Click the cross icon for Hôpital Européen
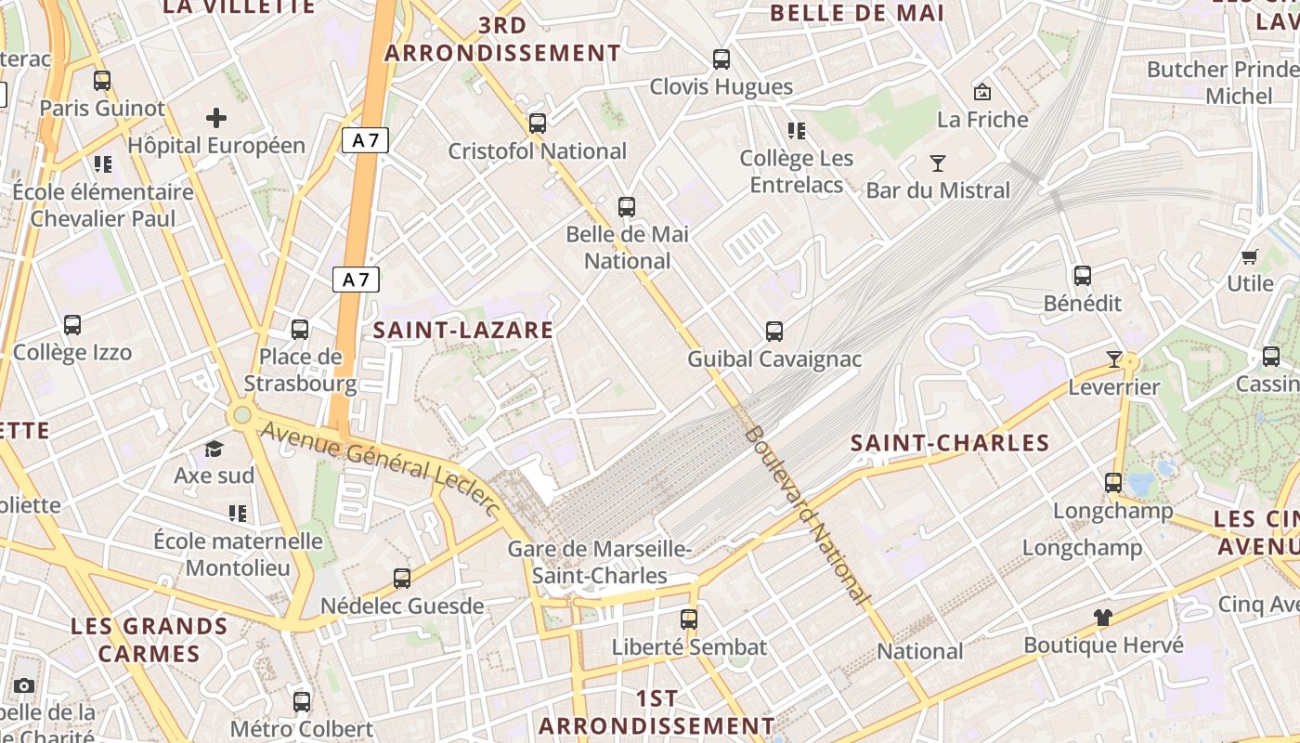[x=216, y=118]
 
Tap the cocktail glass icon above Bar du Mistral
[x=938, y=163]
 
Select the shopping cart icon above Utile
[x=1250, y=256]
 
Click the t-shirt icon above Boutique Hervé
[x=1102, y=617]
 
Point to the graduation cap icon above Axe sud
[x=214, y=450]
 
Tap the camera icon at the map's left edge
[x=24, y=686]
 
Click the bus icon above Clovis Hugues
[x=721, y=59]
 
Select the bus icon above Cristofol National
[x=537, y=124]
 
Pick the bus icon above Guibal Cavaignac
[x=773, y=332]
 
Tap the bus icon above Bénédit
[x=1083, y=276]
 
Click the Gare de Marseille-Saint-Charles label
[x=600, y=562]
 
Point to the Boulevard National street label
[x=808, y=515]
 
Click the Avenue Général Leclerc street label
[x=381, y=468]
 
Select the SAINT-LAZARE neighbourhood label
[x=463, y=330]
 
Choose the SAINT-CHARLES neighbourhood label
[x=950, y=443]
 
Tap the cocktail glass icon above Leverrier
[x=1114, y=359]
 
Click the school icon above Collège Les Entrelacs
[x=796, y=131]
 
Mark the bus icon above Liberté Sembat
[x=688, y=619]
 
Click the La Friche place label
[x=982, y=120]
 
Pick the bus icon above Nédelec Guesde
[x=402, y=579]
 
